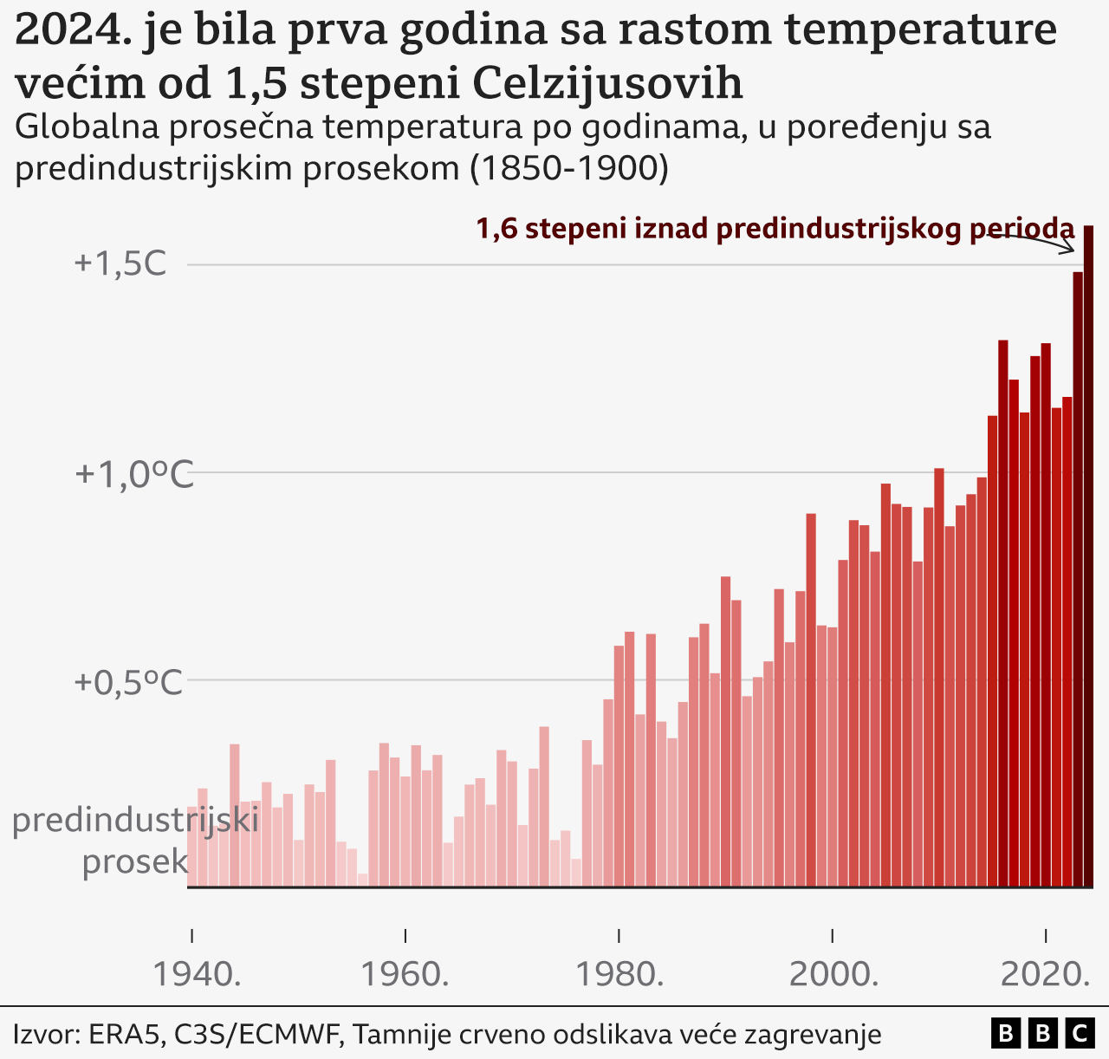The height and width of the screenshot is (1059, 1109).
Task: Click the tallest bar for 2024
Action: (1088, 555)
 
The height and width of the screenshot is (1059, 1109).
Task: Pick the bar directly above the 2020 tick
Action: (1046, 615)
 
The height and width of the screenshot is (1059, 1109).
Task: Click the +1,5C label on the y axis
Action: (120, 264)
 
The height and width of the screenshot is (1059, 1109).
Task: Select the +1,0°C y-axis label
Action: (133, 474)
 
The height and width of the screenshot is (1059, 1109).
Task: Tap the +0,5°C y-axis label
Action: (128, 682)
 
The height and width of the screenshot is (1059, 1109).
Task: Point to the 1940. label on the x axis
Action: (198, 975)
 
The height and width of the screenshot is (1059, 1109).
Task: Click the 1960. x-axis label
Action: (405, 975)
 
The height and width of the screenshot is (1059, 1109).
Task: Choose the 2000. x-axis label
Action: (833, 975)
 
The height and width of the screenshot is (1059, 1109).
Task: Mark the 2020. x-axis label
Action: (1046, 975)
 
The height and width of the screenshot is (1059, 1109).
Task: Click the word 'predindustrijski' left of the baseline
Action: (135, 820)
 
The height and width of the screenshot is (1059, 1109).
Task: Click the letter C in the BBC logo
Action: (1080, 1033)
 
